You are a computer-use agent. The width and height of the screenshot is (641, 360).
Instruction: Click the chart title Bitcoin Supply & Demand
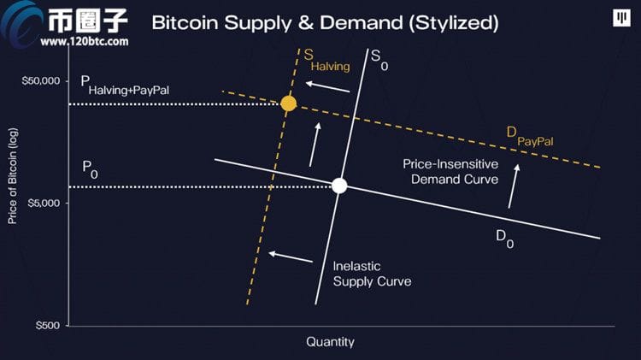click(x=325, y=22)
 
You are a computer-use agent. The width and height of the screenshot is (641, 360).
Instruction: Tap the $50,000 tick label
click(x=41, y=81)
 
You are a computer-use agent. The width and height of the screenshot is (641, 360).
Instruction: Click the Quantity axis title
click(x=330, y=342)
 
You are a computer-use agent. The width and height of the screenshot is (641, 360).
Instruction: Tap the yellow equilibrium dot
click(x=288, y=103)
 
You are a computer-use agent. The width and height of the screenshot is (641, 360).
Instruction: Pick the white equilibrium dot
click(x=339, y=186)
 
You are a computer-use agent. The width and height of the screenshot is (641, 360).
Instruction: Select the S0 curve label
click(x=379, y=61)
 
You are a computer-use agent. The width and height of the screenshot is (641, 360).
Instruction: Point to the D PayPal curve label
click(x=530, y=135)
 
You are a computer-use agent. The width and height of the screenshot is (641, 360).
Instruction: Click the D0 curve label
click(x=505, y=239)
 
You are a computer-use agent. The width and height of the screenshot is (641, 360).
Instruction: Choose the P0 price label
click(x=90, y=168)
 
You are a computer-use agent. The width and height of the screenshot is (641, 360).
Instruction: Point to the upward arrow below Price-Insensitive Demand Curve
click(x=514, y=186)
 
